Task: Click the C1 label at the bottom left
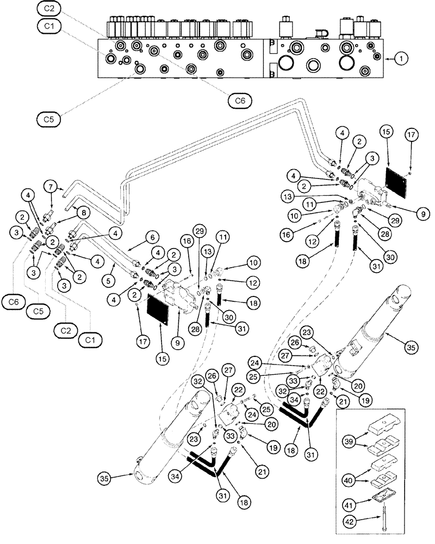coord(90,340)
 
